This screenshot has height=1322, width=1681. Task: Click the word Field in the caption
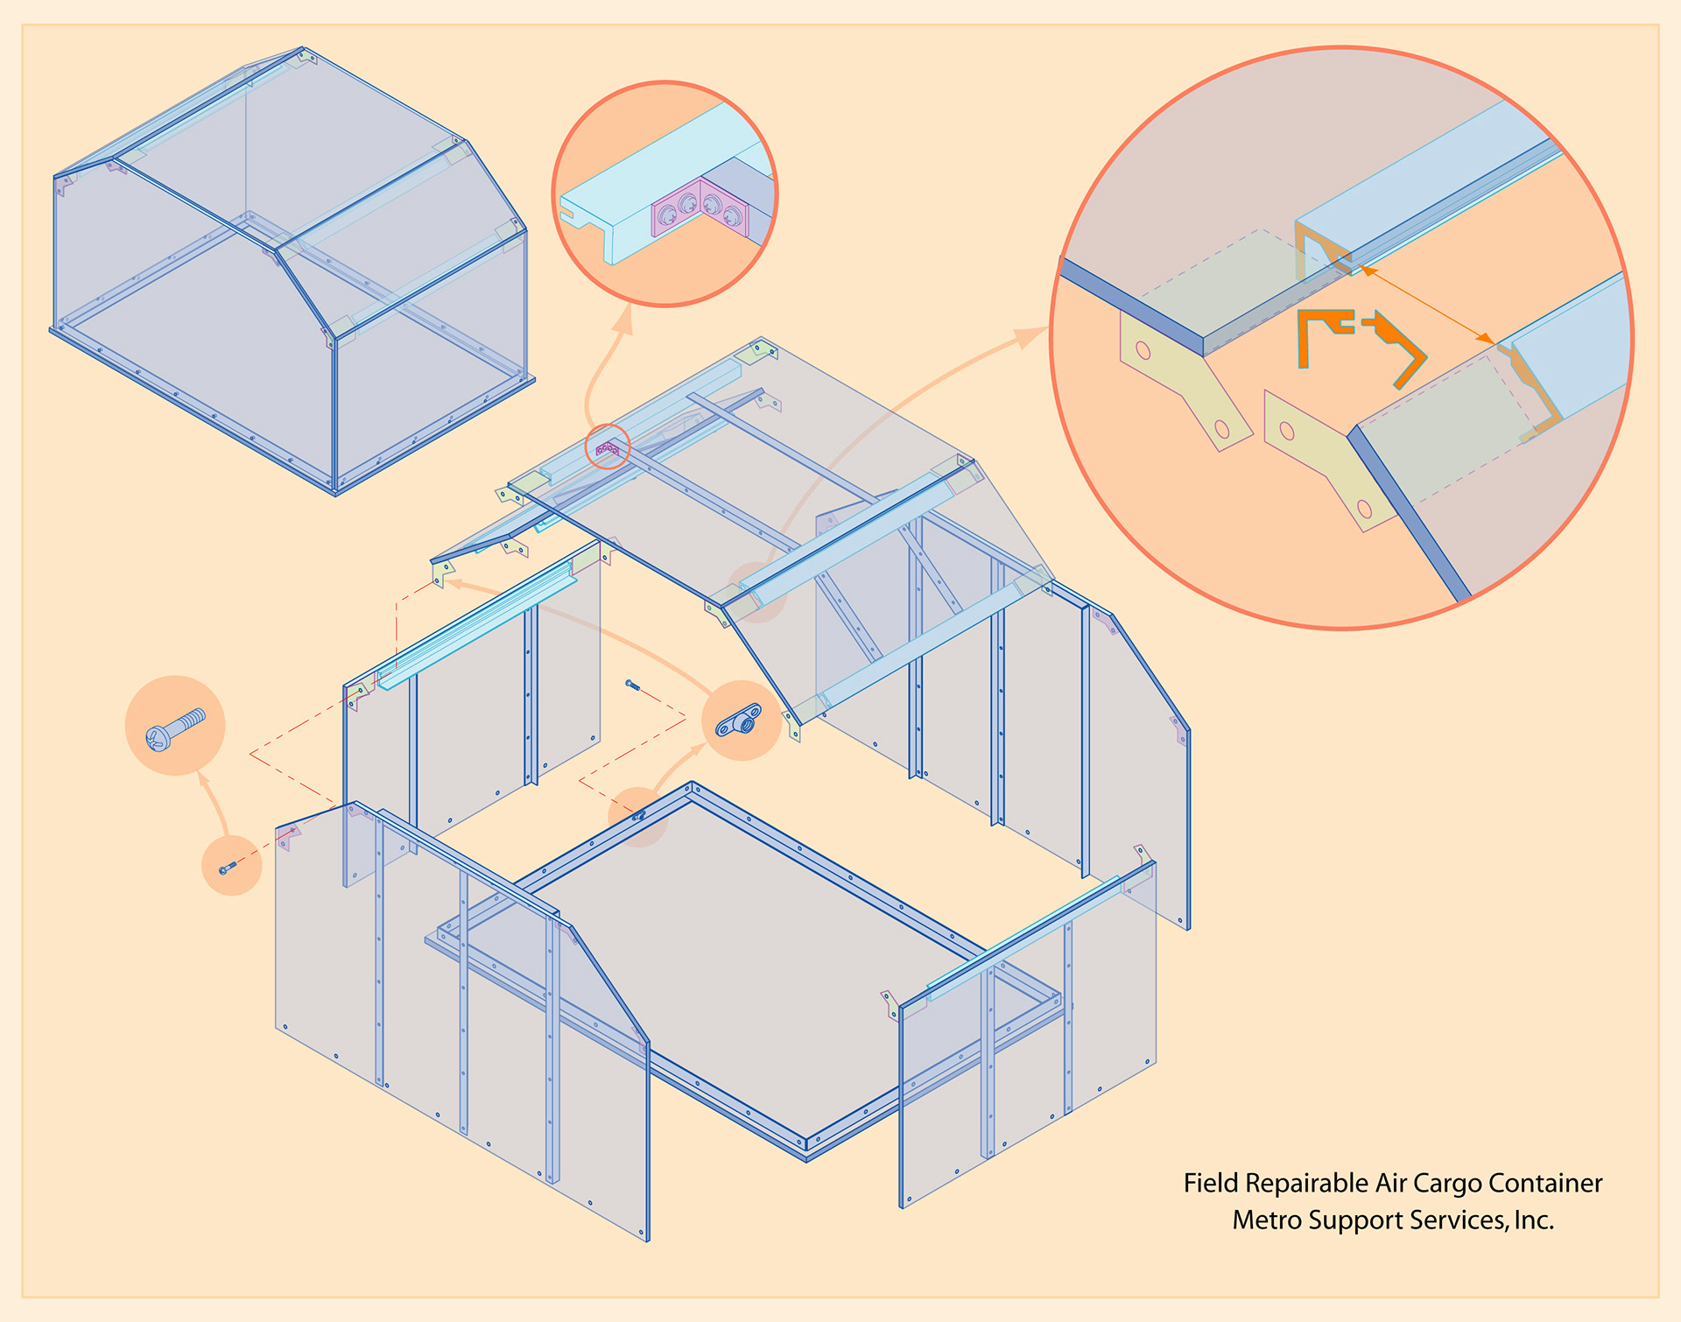click(x=1211, y=1184)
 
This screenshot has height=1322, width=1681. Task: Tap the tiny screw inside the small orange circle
click(x=228, y=868)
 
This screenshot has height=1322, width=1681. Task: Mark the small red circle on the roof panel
click(x=608, y=447)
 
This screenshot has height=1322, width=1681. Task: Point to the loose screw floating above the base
click(x=632, y=685)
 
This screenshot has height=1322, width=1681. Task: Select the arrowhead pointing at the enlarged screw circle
click(x=203, y=780)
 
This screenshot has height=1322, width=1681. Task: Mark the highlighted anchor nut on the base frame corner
click(x=639, y=816)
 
